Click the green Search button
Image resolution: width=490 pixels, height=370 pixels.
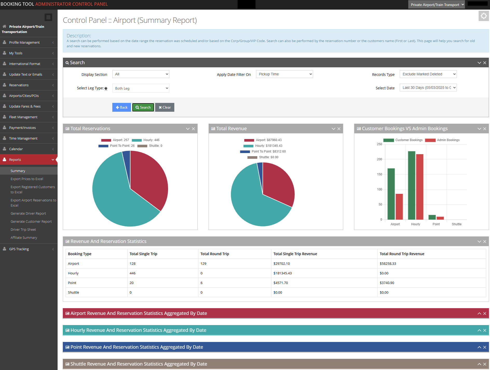tap(143, 107)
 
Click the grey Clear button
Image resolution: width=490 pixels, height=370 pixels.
tap(165, 107)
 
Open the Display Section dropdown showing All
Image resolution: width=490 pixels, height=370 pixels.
tap(141, 74)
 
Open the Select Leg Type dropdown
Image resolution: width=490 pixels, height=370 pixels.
tap(141, 88)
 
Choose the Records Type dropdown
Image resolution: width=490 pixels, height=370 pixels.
tap(428, 74)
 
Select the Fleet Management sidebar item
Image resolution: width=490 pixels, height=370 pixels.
tap(23, 117)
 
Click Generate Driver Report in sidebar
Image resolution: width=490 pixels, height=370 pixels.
tap(28, 213)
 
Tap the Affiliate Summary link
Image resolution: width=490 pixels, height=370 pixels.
tap(24, 237)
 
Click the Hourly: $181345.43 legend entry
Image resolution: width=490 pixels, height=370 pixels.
tap(268, 146)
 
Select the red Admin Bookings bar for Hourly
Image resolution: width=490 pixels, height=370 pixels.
tap(419, 187)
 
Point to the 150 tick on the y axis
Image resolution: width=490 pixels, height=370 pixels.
tap(379, 174)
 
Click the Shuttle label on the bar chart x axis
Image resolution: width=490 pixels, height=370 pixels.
tap(456, 224)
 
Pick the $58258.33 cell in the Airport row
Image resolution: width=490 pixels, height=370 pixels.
tap(388, 263)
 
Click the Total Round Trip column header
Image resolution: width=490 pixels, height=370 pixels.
tap(215, 254)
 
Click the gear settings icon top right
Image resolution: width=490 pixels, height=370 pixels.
tap(484, 16)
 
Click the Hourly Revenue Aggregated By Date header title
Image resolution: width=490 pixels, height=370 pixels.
tap(138, 330)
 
